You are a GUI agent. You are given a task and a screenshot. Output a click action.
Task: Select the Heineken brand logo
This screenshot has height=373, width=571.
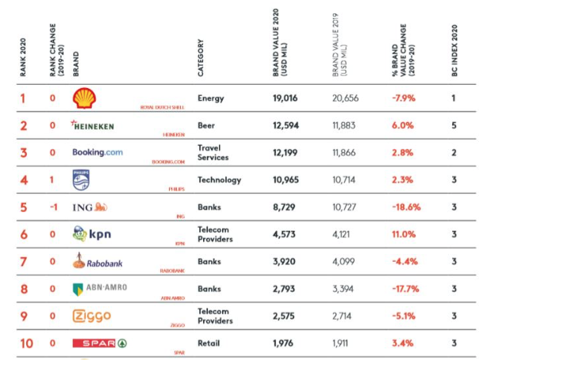(93, 125)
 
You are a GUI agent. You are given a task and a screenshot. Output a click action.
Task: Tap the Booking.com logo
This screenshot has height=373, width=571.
(98, 152)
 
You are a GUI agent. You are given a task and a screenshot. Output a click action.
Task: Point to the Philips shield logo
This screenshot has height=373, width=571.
(82, 180)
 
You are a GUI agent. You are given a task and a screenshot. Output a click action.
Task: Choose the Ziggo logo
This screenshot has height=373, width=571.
(91, 316)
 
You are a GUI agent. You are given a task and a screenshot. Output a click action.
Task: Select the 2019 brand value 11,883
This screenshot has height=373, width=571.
(346, 125)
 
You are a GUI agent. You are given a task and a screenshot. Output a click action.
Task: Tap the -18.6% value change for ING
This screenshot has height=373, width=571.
(406, 207)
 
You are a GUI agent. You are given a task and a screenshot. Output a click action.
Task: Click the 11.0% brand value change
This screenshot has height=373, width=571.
(403, 234)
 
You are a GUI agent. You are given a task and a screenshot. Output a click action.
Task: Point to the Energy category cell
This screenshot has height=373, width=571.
(211, 98)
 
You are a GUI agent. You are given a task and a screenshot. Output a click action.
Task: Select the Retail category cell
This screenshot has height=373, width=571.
(209, 343)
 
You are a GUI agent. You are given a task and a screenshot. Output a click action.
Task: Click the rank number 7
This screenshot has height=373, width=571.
(23, 261)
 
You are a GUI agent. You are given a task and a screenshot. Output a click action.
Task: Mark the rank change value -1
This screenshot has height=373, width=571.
(52, 207)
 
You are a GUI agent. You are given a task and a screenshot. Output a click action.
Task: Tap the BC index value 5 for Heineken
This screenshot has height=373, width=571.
(454, 125)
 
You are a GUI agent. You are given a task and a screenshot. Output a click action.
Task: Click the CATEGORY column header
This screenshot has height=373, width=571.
(201, 58)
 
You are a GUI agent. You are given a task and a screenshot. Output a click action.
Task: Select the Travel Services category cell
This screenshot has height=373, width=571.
(213, 152)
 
